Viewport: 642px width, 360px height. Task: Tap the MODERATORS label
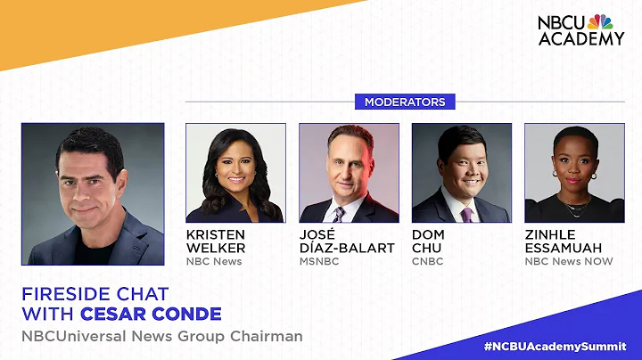tap(405, 102)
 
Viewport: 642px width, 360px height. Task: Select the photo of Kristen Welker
tap(235, 173)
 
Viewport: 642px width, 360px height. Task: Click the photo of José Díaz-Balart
tap(349, 173)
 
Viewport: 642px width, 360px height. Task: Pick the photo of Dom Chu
tap(462, 173)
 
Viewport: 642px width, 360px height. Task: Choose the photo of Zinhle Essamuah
tap(574, 173)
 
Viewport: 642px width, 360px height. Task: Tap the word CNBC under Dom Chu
tap(427, 261)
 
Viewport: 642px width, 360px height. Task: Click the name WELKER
tap(215, 248)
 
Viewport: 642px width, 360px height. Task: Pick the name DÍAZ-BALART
tap(347, 248)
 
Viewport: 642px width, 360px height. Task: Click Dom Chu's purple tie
tap(466, 214)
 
